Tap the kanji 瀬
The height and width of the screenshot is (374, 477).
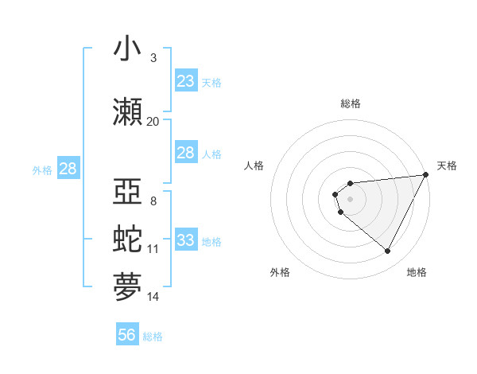pos(127,111)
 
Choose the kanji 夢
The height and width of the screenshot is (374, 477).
pos(127,284)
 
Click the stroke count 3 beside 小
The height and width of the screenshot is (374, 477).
pos(153,58)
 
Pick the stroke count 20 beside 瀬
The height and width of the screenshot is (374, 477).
pos(153,121)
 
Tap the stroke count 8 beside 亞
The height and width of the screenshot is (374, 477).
pos(153,201)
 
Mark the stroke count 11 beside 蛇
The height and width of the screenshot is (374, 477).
pos(153,249)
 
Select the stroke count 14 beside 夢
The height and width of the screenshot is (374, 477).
pos(153,297)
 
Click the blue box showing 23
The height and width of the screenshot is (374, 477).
pos(186,81)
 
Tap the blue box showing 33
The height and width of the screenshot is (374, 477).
pos(186,240)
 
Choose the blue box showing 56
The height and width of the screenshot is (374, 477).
pos(127,336)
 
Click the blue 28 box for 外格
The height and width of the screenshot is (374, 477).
pos(68,169)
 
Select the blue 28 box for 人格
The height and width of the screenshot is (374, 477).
pos(186,153)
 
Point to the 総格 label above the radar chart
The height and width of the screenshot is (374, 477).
pos(350,103)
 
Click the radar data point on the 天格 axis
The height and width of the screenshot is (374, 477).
pos(426,175)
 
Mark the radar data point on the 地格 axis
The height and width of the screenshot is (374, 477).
pos(388,251)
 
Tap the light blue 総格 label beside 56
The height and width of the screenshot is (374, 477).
pos(153,337)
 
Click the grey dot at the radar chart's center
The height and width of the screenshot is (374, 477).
pos(350,199)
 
